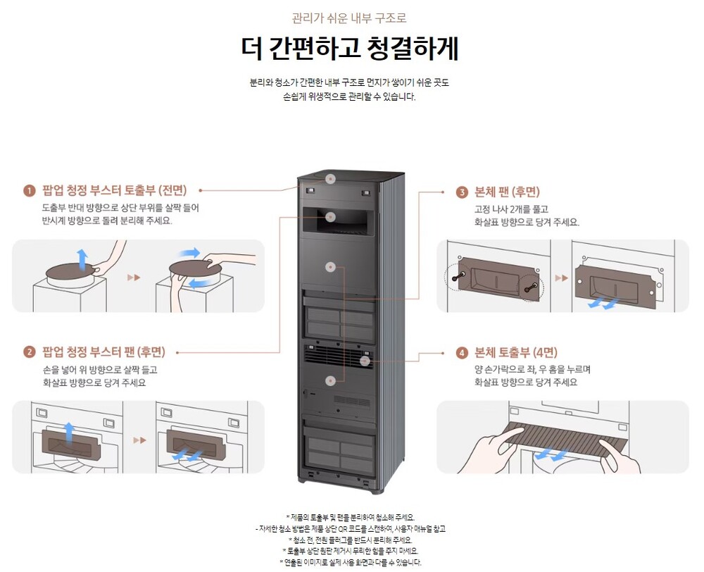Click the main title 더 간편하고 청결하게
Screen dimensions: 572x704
tap(349, 49)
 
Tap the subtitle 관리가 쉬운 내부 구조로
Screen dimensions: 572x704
tap(349, 18)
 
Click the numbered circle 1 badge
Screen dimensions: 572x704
tap(30, 191)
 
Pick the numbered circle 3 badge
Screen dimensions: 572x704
tap(462, 192)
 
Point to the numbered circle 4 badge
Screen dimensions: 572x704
tap(462, 353)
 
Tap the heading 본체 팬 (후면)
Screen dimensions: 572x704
tap(508, 192)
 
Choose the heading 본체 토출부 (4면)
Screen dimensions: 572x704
tap(516, 353)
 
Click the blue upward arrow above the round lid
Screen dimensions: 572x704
tap(82, 258)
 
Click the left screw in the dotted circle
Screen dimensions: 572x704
tap(458, 278)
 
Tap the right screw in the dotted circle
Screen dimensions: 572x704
tap(534, 285)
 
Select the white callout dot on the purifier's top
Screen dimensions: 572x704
tap(331, 179)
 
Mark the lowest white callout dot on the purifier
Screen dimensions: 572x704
tap(331, 380)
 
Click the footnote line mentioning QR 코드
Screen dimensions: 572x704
tap(350, 528)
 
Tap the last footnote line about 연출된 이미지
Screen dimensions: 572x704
tap(350, 562)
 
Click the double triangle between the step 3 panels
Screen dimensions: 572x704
tap(561, 278)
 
